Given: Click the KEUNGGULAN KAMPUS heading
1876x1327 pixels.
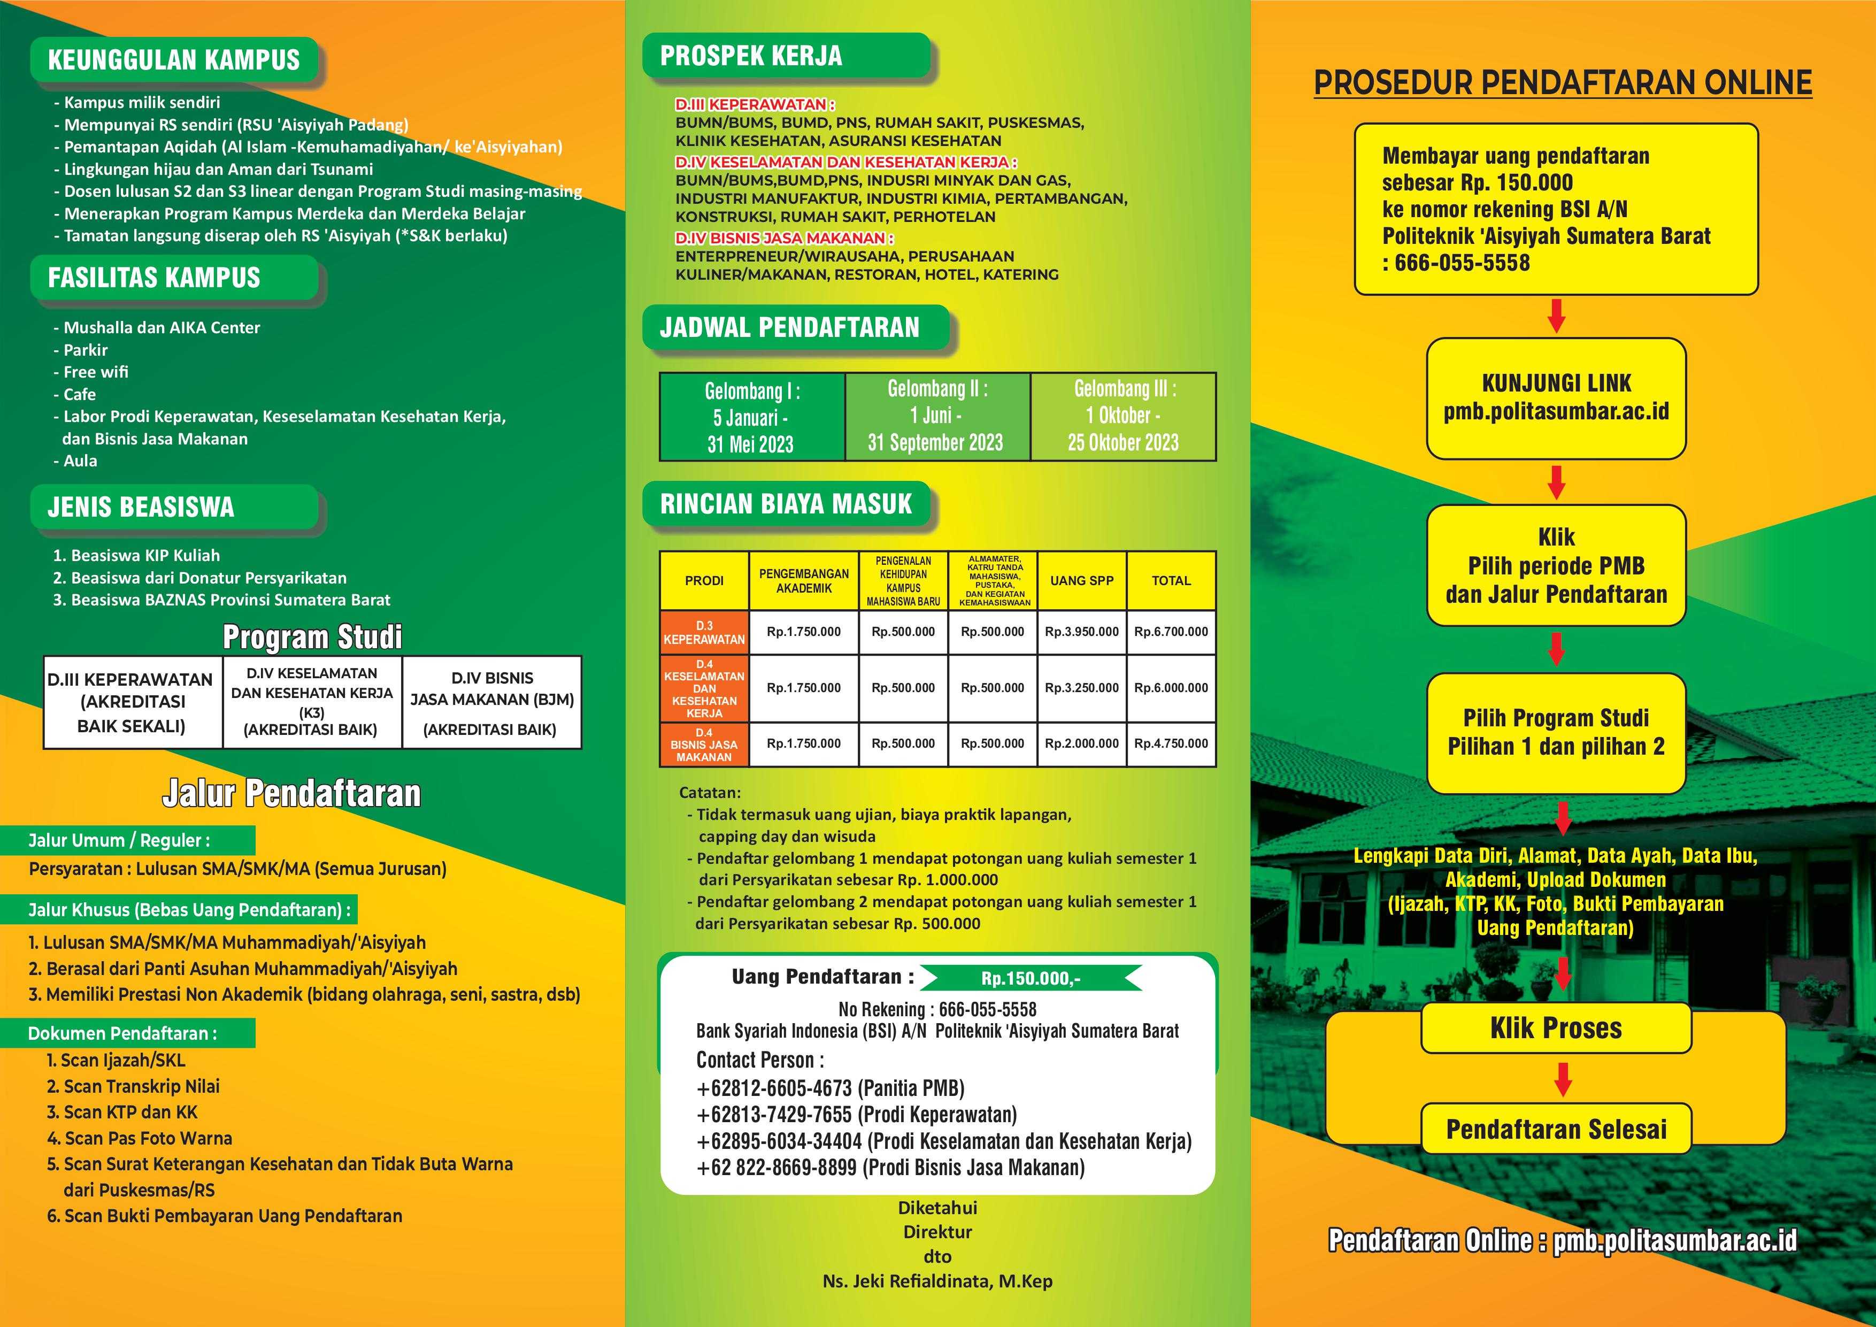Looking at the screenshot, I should [174, 60].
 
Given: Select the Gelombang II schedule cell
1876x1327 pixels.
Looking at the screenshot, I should [937, 416].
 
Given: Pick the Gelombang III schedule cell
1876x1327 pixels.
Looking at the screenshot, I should [1124, 416].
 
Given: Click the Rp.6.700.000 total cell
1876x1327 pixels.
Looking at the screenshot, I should [1171, 632].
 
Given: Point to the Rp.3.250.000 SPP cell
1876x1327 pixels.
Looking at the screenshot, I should [1082, 688].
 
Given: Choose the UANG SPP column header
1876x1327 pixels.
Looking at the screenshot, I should [1082, 581].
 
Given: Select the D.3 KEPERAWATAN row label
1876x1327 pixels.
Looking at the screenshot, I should [704, 632].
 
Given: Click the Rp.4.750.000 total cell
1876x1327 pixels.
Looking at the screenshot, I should [1171, 743].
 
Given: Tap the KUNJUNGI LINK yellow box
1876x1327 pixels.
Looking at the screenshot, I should [1556, 398].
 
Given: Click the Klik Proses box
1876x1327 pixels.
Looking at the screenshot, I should [1556, 1028].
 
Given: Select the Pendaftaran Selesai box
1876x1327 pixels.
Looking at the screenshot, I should [1556, 1129].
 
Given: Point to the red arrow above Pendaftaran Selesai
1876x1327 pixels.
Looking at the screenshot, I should [1562, 1079].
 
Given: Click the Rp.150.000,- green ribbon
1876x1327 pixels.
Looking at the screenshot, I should [1031, 978].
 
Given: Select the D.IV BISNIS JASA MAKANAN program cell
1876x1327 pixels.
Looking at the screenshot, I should [492, 702].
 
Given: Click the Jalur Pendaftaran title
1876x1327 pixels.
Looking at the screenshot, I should [291, 793].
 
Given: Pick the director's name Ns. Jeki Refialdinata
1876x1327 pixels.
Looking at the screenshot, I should [937, 1281].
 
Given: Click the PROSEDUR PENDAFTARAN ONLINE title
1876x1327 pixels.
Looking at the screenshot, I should [1562, 82].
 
